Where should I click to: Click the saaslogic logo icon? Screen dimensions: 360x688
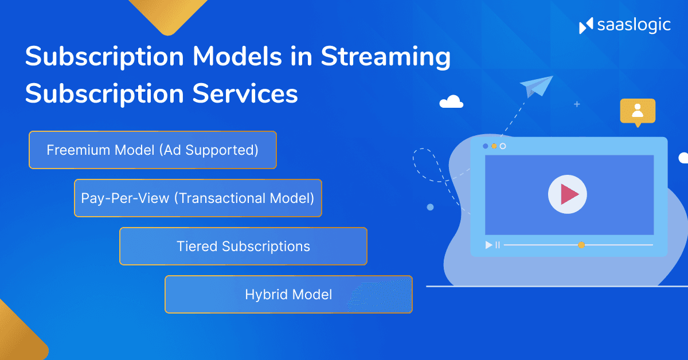pyautogui.click(x=586, y=26)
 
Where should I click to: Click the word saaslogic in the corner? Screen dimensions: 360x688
pyautogui.click(x=634, y=26)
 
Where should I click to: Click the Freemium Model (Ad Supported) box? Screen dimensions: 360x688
pyautogui.click(x=153, y=150)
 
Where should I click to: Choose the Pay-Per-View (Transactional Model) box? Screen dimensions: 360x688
pyautogui.click(x=198, y=198)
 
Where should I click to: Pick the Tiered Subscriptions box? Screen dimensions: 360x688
pyautogui.click(x=243, y=246)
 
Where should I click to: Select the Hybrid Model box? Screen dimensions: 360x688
pyautogui.click(x=288, y=295)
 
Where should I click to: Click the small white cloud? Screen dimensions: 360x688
pyautogui.click(x=451, y=102)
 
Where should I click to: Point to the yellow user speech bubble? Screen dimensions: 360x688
pyautogui.click(x=638, y=111)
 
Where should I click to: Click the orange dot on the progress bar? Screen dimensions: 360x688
pyautogui.click(x=581, y=245)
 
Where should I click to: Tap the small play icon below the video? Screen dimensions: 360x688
pyautogui.click(x=488, y=245)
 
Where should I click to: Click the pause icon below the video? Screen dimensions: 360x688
pyautogui.click(x=498, y=245)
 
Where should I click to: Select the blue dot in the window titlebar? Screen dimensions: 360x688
pyautogui.click(x=486, y=146)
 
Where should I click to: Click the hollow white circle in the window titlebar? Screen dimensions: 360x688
pyautogui.click(x=503, y=146)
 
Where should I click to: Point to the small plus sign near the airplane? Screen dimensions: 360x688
pyautogui.click(x=577, y=104)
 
